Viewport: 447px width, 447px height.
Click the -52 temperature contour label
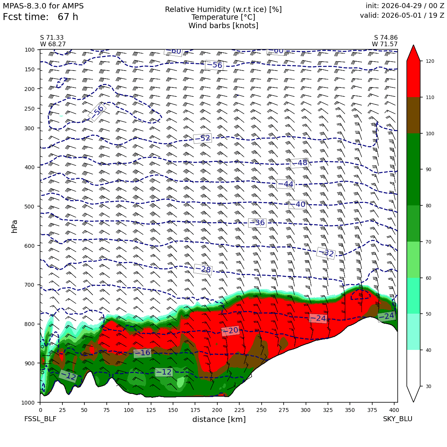[x=203, y=138]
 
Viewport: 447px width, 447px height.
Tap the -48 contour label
[x=299, y=163]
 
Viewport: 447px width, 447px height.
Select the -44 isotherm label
[x=286, y=184]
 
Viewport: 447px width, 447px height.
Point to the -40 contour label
[x=297, y=204]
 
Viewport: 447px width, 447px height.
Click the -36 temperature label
[x=257, y=223]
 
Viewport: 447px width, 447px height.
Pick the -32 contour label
[x=326, y=253]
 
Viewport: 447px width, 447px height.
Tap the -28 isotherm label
[x=203, y=269]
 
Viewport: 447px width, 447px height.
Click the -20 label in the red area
[x=230, y=331]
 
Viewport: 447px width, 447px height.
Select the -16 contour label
[x=142, y=353]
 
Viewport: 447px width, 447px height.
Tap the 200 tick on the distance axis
[x=217, y=410]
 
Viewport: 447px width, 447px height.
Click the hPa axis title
[x=15, y=226]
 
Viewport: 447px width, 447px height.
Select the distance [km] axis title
[x=219, y=419]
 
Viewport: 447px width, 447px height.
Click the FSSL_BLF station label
[x=40, y=419]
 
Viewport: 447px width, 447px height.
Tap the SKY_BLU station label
[x=398, y=419]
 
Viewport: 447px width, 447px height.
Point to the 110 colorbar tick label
[x=430, y=97]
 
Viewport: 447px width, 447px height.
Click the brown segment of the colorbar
[x=413, y=116]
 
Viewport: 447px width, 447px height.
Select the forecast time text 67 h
[x=68, y=17]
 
